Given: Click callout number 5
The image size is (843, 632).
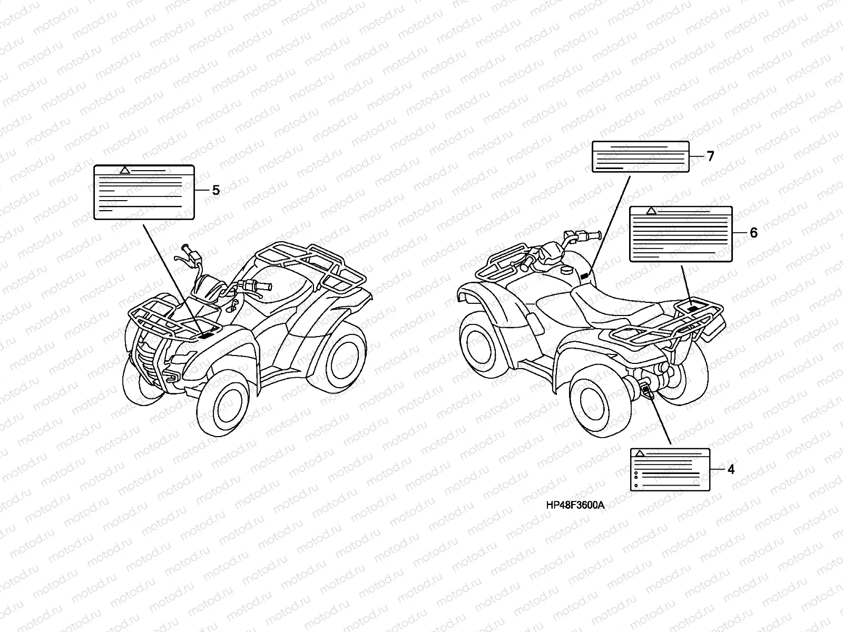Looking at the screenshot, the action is coord(215,190).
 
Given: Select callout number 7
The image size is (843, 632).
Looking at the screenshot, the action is coord(710,156).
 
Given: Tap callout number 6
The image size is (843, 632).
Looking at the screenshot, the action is coord(753,232).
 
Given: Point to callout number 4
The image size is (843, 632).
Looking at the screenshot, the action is coord(730,469).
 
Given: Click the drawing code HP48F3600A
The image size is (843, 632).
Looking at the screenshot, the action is coord(575,505).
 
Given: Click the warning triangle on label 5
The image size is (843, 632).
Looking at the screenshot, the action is coord(124,170).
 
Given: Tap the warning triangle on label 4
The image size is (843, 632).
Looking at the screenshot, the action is coord(640,453).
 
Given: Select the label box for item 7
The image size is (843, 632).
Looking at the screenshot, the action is coord(641,156).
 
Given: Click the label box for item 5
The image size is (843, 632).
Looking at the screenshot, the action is coord(144,192).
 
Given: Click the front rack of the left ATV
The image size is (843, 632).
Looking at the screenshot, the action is coord(158,316).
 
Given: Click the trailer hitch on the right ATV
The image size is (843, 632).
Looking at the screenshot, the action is coord(646,391).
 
